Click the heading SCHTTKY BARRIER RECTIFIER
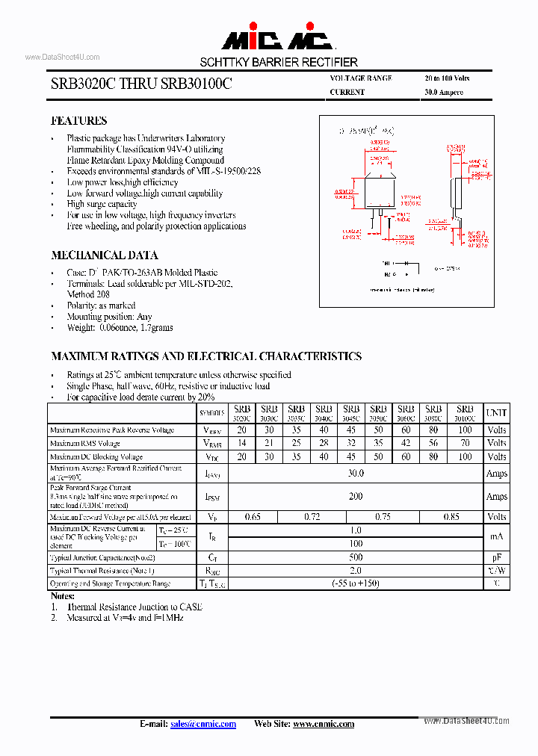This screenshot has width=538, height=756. pos(278,62)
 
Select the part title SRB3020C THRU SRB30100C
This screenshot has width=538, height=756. pos(141,85)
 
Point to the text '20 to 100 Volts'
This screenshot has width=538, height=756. pos(447,78)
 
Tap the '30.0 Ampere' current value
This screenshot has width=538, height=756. pos(444,93)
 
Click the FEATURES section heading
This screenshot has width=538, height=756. pos(78,121)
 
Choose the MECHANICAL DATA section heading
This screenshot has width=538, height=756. pos(104,255)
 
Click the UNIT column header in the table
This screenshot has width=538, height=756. pos(496,412)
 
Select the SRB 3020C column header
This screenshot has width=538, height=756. pos(241,413)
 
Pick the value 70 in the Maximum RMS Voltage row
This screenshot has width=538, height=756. pos(465,444)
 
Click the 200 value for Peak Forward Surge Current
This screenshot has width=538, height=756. pos(356,497)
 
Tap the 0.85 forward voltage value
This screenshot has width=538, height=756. pos(451,517)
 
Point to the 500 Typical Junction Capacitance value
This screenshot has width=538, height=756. pos(356,557)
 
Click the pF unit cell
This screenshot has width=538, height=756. pos(496,557)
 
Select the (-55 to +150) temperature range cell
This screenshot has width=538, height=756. pos(356,583)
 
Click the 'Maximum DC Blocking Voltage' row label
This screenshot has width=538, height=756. pos(96,456)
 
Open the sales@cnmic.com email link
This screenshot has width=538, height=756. pos(202,724)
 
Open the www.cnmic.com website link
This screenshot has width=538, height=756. pos(323,724)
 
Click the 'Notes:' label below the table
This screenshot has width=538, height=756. pos(63,596)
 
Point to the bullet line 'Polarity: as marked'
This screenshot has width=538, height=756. pos(101,306)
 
